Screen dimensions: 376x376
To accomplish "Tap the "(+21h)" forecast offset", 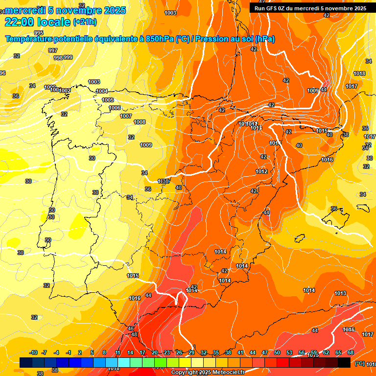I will click(85, 22).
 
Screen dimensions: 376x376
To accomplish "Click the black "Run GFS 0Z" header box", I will click(310, 8).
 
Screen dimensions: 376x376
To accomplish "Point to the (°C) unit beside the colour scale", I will click(359, 363).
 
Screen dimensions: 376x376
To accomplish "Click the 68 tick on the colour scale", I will click(351, 352).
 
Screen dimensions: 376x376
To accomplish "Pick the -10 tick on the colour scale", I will click(34, 352).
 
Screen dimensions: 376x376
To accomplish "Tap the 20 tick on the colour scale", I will click(155, 352).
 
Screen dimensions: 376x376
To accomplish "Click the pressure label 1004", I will click(102, 91).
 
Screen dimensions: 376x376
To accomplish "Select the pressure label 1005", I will click(108, 100).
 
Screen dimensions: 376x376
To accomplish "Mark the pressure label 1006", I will click(115, 108).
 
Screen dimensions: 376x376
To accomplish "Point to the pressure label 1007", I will click(126, 116).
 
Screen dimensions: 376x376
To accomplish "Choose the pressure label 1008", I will click(140, 122).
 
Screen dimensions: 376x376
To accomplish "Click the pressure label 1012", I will click(261, 171).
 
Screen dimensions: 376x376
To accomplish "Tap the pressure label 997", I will click(53, 51).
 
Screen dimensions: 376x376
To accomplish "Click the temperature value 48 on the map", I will click(134, 334).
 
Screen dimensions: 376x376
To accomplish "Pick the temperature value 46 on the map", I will click(131, 329).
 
